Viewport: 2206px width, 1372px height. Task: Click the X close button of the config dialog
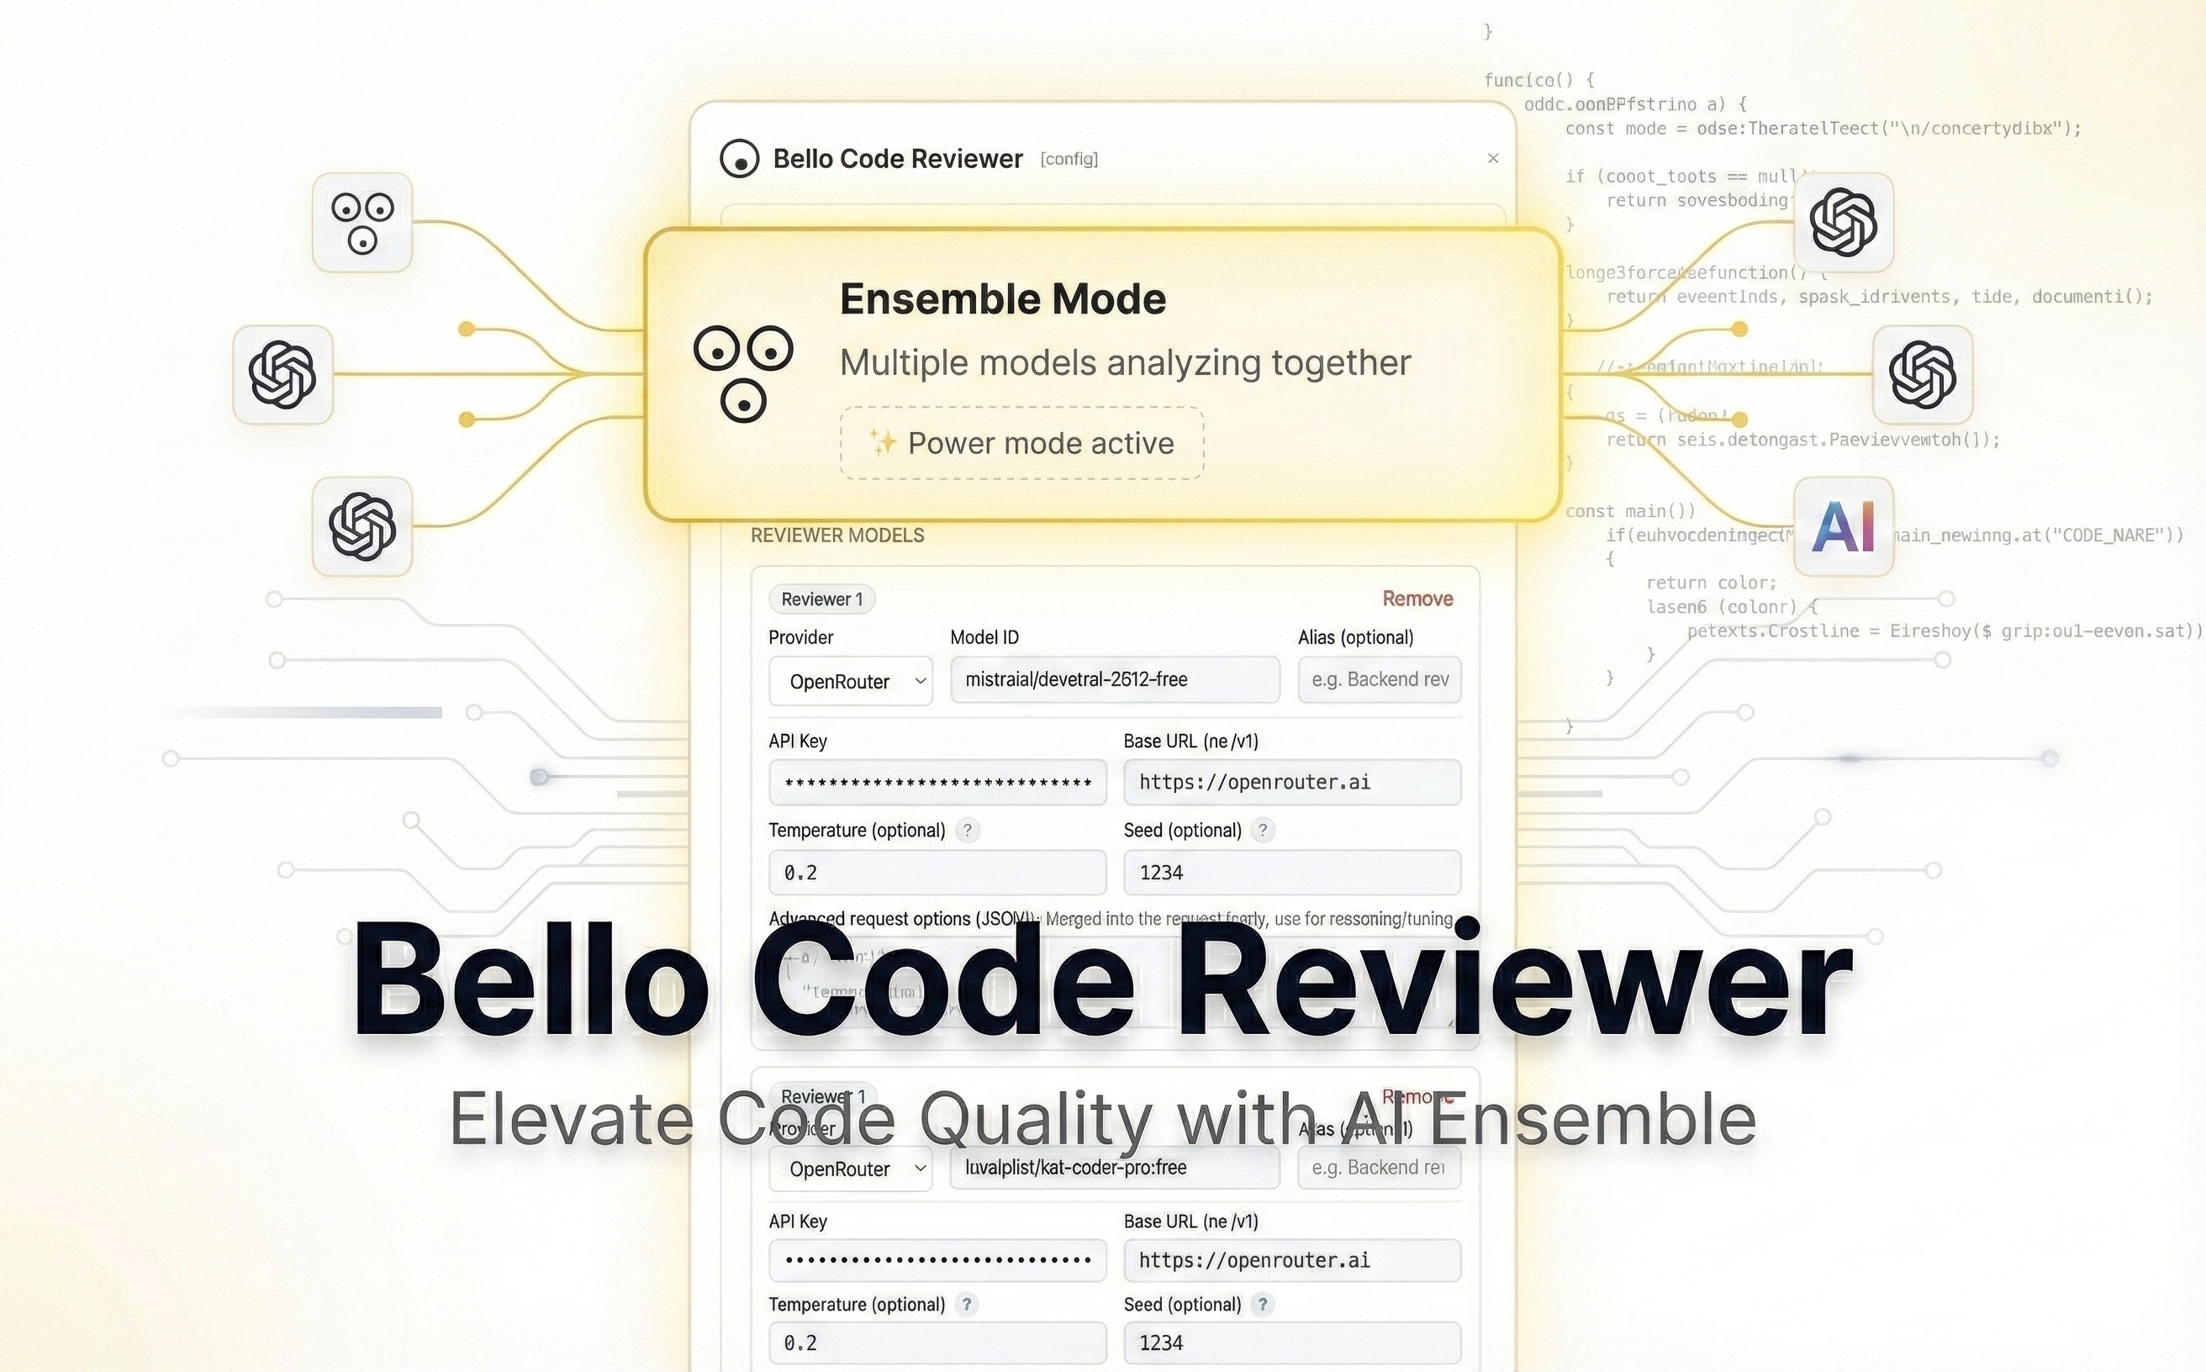coord(1493,159)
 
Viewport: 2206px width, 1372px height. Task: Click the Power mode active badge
coord(1021,443)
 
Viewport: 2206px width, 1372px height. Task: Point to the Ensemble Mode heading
coord(1002,298)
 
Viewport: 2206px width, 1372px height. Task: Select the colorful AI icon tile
coord(1843,526)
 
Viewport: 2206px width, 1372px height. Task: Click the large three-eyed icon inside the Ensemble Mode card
coord(743,373)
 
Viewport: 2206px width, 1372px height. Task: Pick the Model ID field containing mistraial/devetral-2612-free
coord(1114,679)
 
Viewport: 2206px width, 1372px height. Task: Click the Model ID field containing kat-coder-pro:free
coord(1114,1168)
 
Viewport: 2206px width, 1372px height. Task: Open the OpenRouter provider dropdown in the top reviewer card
coord(850,682)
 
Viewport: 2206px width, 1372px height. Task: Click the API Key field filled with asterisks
coord(937,782)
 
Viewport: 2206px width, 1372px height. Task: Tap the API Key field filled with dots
coord(937,1260)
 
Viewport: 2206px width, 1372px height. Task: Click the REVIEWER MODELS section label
coord(836,536)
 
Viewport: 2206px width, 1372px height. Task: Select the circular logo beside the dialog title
coord(740,159)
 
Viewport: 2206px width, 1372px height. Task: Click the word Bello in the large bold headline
coord(530,980)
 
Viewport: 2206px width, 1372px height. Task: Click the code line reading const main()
coord(1630,511)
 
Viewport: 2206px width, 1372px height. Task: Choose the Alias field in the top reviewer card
coord(1380,679)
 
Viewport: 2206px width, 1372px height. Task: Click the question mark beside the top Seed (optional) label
coord(1262,831)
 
